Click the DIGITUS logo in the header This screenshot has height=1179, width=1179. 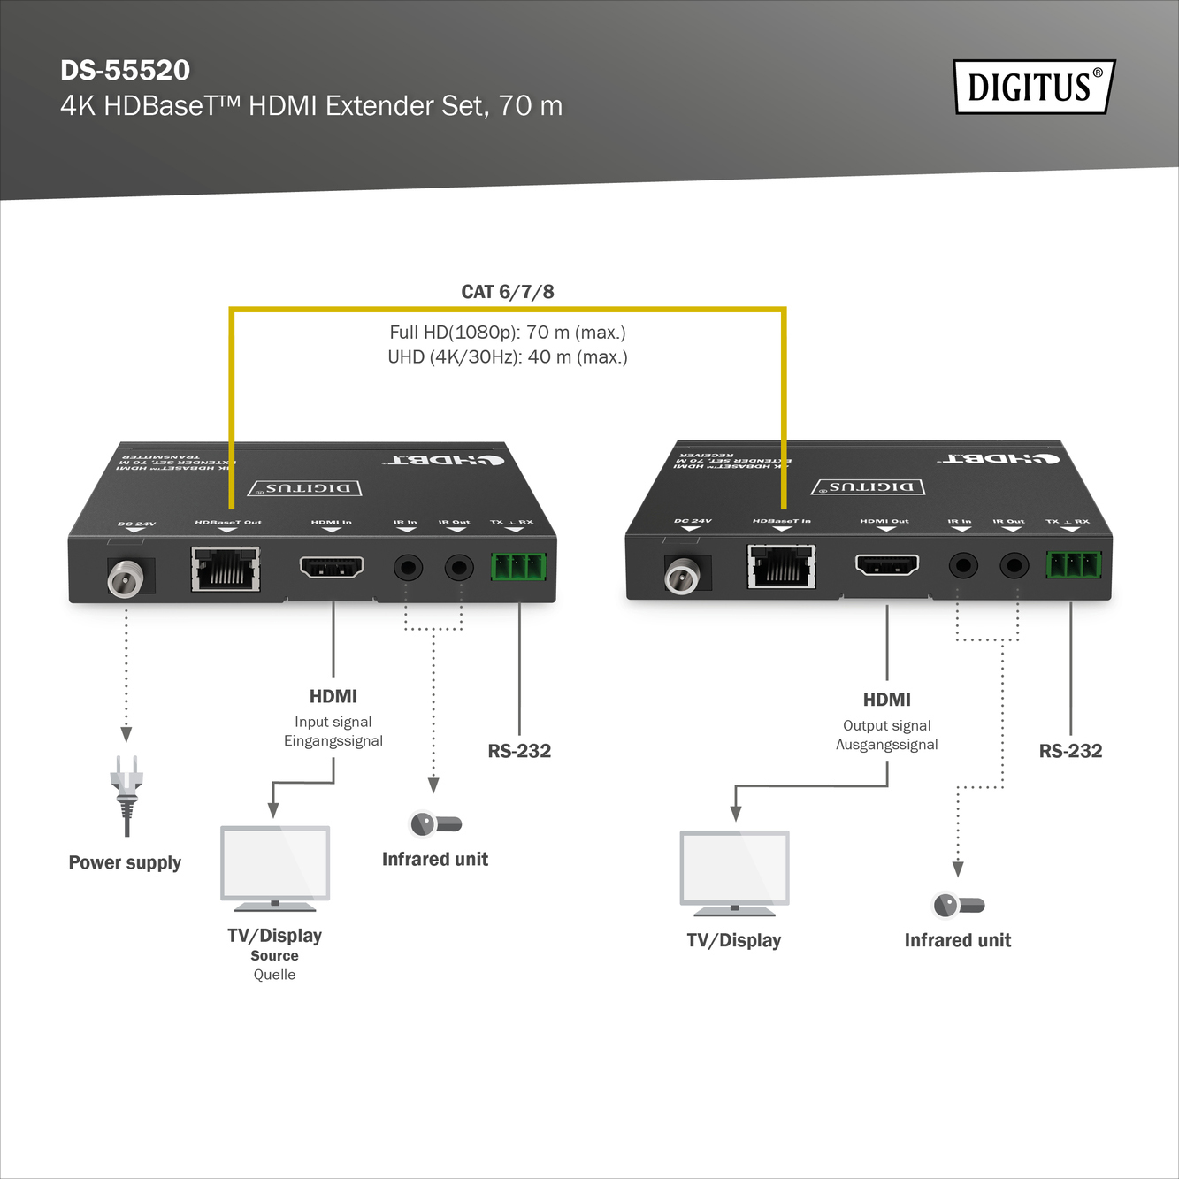[x=1034, y=87]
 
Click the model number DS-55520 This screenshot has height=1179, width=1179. [x=126, y=70]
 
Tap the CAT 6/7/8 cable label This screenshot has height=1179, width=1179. [x=508, y=292]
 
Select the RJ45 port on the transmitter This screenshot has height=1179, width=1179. [x=226, y=569]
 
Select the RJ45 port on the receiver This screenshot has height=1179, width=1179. [x=781, y=566]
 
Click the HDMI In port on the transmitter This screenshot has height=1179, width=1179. [x=332, y=567]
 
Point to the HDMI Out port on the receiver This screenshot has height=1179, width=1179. [x=886, y=564]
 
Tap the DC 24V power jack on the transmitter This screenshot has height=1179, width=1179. [x=125, y=579]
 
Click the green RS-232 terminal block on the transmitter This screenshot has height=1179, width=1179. [x=518, y=566]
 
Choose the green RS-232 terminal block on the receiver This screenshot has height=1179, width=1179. [x=1074, y=564]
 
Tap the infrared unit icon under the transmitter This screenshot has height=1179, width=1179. [x=435, y=824]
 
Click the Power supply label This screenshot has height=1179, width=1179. [x=125, y=863]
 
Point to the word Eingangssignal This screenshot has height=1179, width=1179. [x=333, y=741]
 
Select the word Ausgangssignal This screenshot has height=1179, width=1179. [x=886, y=745]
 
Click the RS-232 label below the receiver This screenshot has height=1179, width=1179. [x=1070, y=752]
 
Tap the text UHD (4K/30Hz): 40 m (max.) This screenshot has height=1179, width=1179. [x=508, y=357]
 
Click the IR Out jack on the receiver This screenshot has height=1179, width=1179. [x=1014, y=564]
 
